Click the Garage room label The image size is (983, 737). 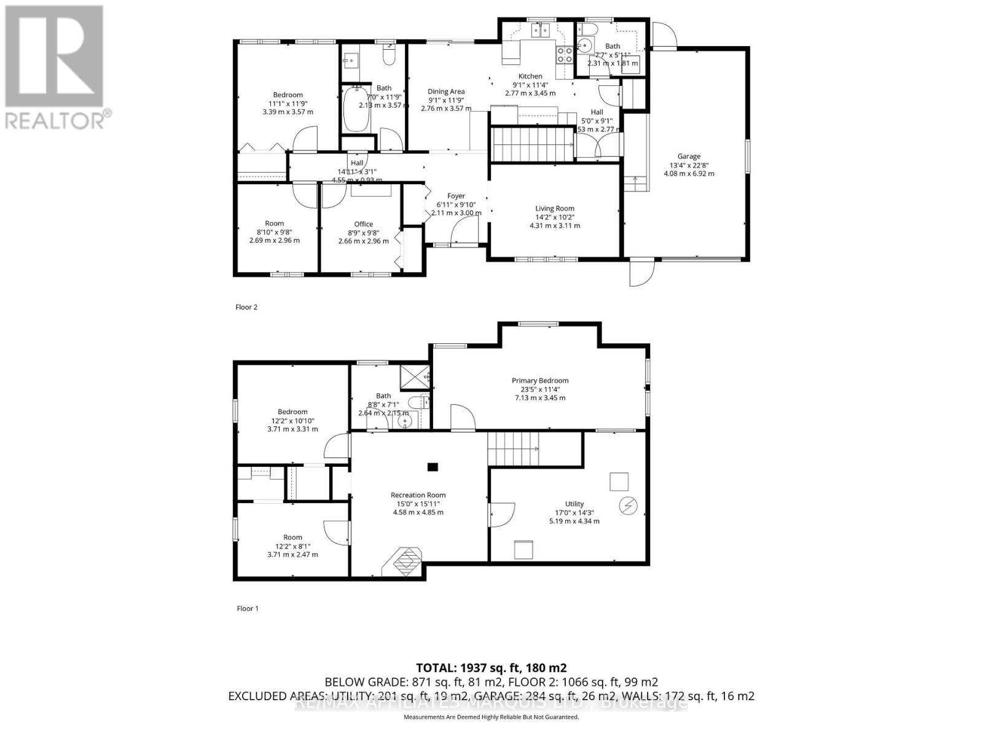[689, 157]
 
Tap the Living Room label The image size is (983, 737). [554, 209]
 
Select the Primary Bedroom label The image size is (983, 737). [540, 381]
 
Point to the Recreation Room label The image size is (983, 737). [418, 495]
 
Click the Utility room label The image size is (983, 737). [574, 504]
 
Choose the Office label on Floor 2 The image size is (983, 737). [363, 224]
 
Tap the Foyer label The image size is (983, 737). [456, 196]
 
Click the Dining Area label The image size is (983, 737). [446, 92]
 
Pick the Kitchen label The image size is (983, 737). [530, 76]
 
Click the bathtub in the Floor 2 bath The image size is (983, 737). [354, 109]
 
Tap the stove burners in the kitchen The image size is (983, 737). [564, 55]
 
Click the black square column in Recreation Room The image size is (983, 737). [433, 467]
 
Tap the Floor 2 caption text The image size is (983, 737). [246, 307]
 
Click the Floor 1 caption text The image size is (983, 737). [248, 609]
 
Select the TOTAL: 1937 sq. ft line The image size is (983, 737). [491, 668]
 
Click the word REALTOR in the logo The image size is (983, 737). [55, 120]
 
